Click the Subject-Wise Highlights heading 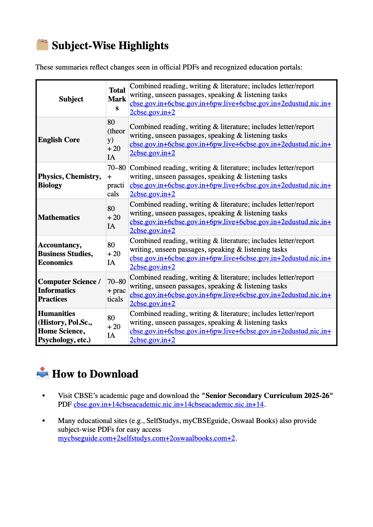pos(110,46)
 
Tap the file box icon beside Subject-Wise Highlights pos(42,45)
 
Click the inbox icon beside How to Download pos(42,373)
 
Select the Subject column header pos(71,99)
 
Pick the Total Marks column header pos(117,99)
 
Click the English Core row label pos(59,140)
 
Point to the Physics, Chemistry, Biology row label pos(69,181)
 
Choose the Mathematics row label pos(59,217)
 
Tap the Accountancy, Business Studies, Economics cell pos(66,254)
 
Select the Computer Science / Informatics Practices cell pos(69,290)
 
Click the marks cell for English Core pos(116,140)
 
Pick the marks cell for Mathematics pos(114,217)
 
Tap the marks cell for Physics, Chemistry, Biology pos(116,181)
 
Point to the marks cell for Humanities pos(114,327)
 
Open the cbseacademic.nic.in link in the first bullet pos(168,405)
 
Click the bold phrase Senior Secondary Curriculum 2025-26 pos(267,395)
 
